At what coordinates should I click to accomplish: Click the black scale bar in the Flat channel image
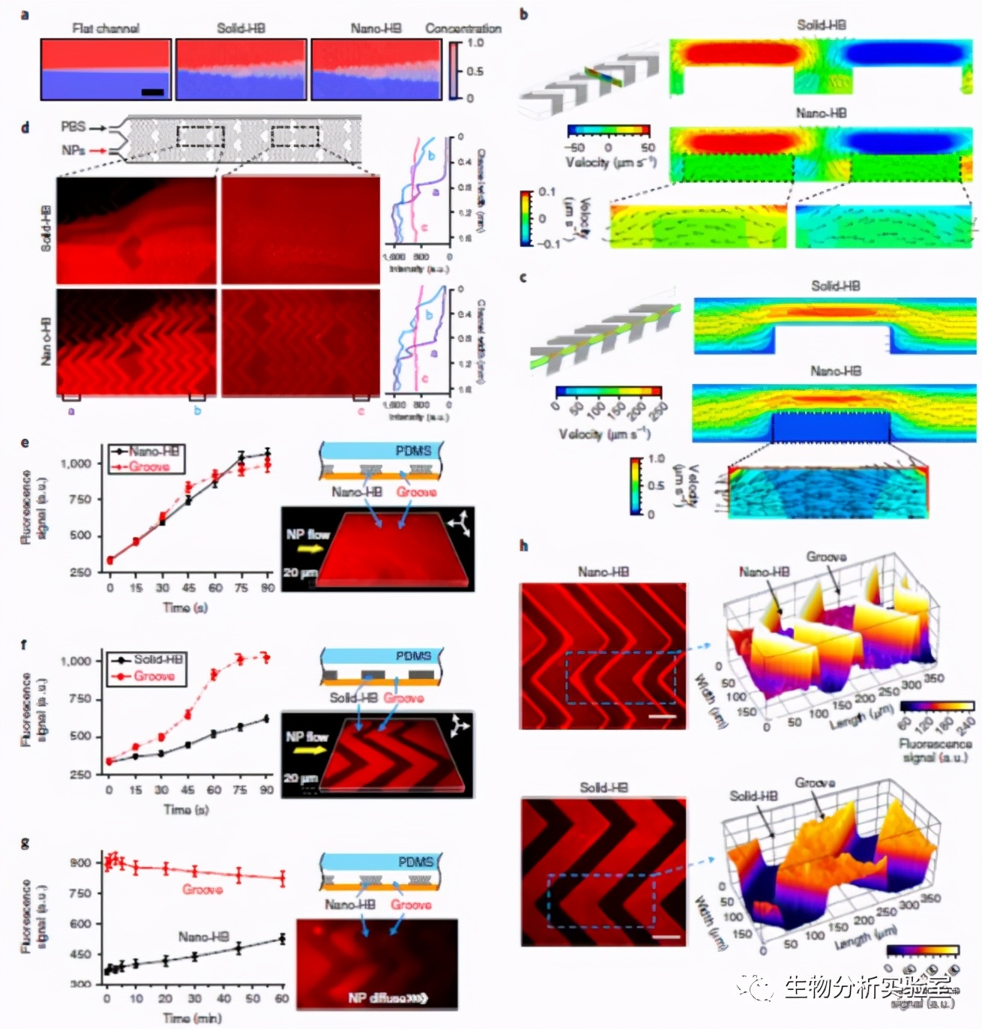coord(152,92)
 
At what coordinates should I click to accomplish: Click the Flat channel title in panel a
coord(105,28)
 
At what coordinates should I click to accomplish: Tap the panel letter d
coord(25,127)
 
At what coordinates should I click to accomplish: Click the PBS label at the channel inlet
coord(73,127)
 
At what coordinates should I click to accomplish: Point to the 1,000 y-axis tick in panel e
coord(76,463)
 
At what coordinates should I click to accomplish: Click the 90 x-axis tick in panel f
coord(266,790)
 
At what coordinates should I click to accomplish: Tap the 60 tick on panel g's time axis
coord(282,998)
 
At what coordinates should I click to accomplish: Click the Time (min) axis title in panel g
coord(191,1018)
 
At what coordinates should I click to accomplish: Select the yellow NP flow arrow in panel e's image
coord(306,549)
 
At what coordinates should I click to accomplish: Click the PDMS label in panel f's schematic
coord(413,655)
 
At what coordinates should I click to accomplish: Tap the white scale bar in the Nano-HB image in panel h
coord(662,717)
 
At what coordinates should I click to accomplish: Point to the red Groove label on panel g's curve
coord(202,889)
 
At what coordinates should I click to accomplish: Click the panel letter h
coord(523,545)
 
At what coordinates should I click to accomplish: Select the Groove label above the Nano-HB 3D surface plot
coord(826,556)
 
